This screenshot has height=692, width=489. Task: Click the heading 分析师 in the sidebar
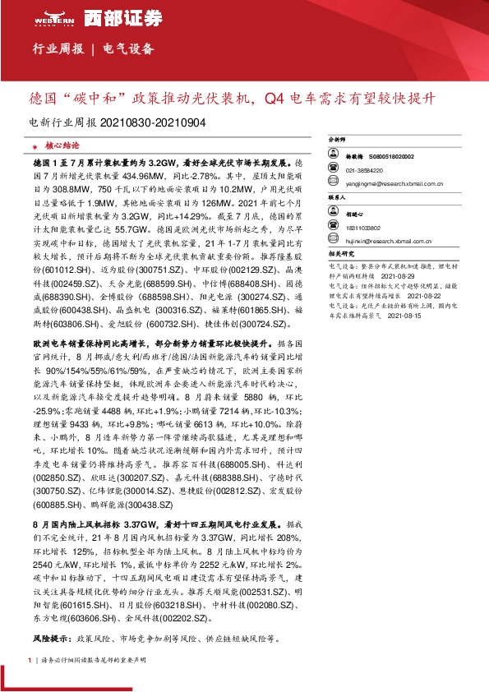point(338,141)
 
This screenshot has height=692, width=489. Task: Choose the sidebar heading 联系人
point(338,198)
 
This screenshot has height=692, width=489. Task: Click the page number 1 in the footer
point(30,660)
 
